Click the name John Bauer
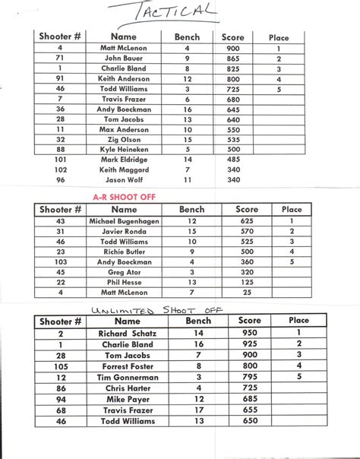pyautogui.click(x=123, y=58)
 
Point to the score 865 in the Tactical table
pyautogui.click(x=232, y=58)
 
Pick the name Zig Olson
pyautogui.click(x=123, y=140)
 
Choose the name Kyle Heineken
pyautogui.click(x=123, y=150)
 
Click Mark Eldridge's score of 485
pyautogui.click(x=232, y=160)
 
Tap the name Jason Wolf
pyautogui.click(x=123, y=180)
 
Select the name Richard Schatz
pyautogui.click(x=126, y=333)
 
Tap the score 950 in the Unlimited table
pyautogui.click(x=248, y=333)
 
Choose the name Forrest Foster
pyautogui.click(x=126, y=366)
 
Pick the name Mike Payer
pyautogui.click(x=126, y=398)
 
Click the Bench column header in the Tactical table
pyautogui.click(x=187, y=36)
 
